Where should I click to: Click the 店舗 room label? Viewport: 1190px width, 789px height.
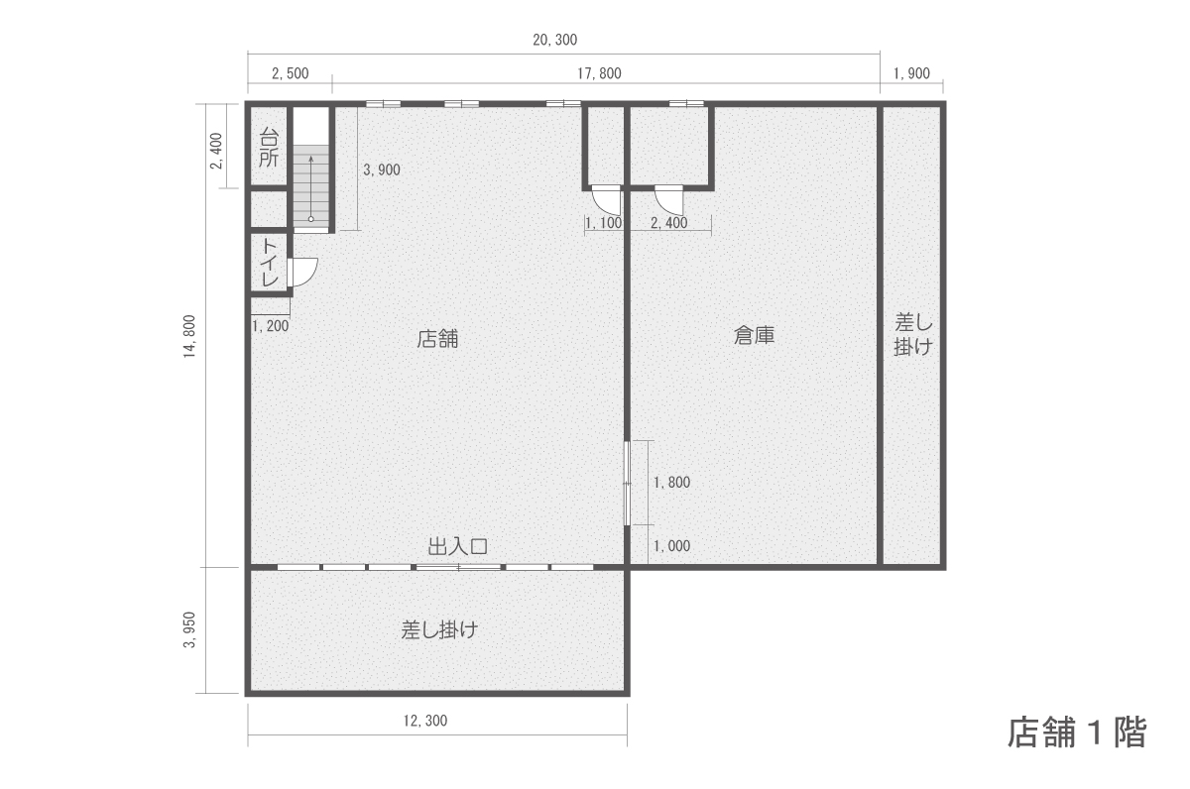point(437,339)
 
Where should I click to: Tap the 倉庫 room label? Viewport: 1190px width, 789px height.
point(754,335)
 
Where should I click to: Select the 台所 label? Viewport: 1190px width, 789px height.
point(269,148)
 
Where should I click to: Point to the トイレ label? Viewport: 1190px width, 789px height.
point(270,263)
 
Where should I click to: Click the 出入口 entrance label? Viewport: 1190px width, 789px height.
point(458,546)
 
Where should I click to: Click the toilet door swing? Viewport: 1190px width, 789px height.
point(303,272)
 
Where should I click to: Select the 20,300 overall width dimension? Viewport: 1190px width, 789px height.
point(554,40)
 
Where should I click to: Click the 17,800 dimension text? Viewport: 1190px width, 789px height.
point(599,73)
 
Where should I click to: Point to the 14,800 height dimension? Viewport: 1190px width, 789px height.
point(189,336)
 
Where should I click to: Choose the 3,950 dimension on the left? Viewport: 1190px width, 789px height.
point(189,629)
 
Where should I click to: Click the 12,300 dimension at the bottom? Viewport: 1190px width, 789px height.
point(425,721)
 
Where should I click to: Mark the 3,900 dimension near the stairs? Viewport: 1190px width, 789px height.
point(382,169)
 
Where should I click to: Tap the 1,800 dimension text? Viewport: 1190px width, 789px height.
point(671,482)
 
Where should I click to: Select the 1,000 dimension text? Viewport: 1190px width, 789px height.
point(671,546)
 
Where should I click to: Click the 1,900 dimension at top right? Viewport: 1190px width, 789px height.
point(911,73)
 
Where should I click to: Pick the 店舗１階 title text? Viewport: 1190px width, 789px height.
point(1077,733)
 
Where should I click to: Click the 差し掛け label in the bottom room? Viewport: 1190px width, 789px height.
point(439,629)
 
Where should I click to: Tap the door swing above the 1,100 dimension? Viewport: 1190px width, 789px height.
point(606,199)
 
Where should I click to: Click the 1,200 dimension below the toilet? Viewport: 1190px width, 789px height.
point(271,325)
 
